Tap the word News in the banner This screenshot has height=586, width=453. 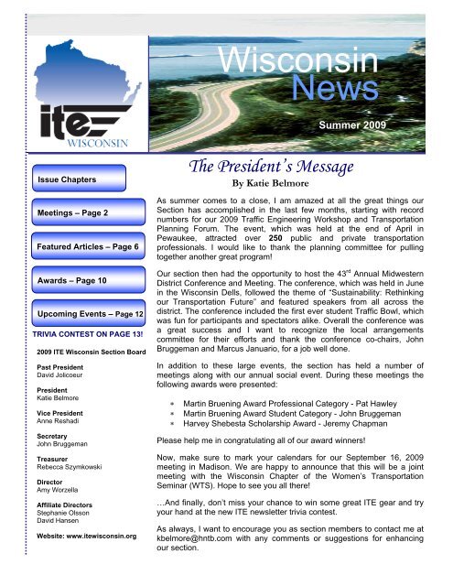(339, 90)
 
